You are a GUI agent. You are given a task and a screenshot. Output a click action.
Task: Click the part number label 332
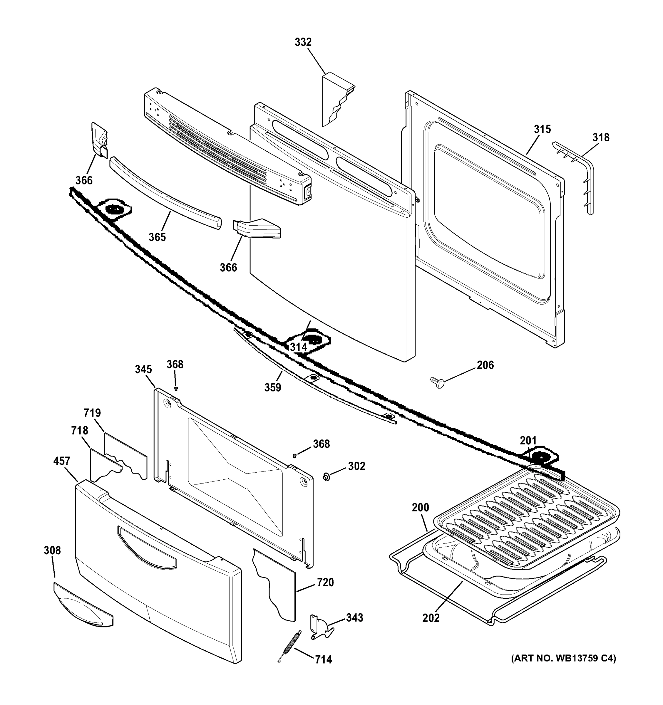tap(303, 42)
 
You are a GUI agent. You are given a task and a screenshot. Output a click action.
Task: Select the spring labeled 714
tap(290, 647)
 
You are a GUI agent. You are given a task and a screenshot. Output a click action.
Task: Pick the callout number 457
tap(62, 461)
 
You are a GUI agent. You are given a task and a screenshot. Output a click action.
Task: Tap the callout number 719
tap(92, 413)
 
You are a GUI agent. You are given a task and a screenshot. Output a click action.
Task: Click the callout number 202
tap(431, 618)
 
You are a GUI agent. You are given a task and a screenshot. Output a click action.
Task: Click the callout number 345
tap(143, 369)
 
